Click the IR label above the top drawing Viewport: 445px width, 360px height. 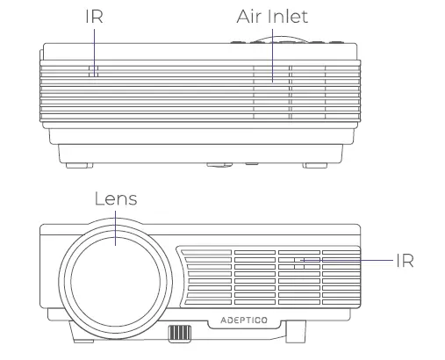click(x=94, y=17)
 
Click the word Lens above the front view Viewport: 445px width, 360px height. click(x=116, y=198)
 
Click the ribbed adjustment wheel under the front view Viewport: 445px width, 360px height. click(x=179, y=334)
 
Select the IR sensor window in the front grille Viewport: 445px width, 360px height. click(x=304, y=261)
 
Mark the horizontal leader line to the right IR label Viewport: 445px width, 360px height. click(x=351, y=261)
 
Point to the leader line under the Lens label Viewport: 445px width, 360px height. click(x=116, y=225)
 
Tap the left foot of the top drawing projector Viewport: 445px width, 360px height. click(x=75, y=162)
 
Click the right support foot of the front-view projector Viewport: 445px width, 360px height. click(x=293, y=333)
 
